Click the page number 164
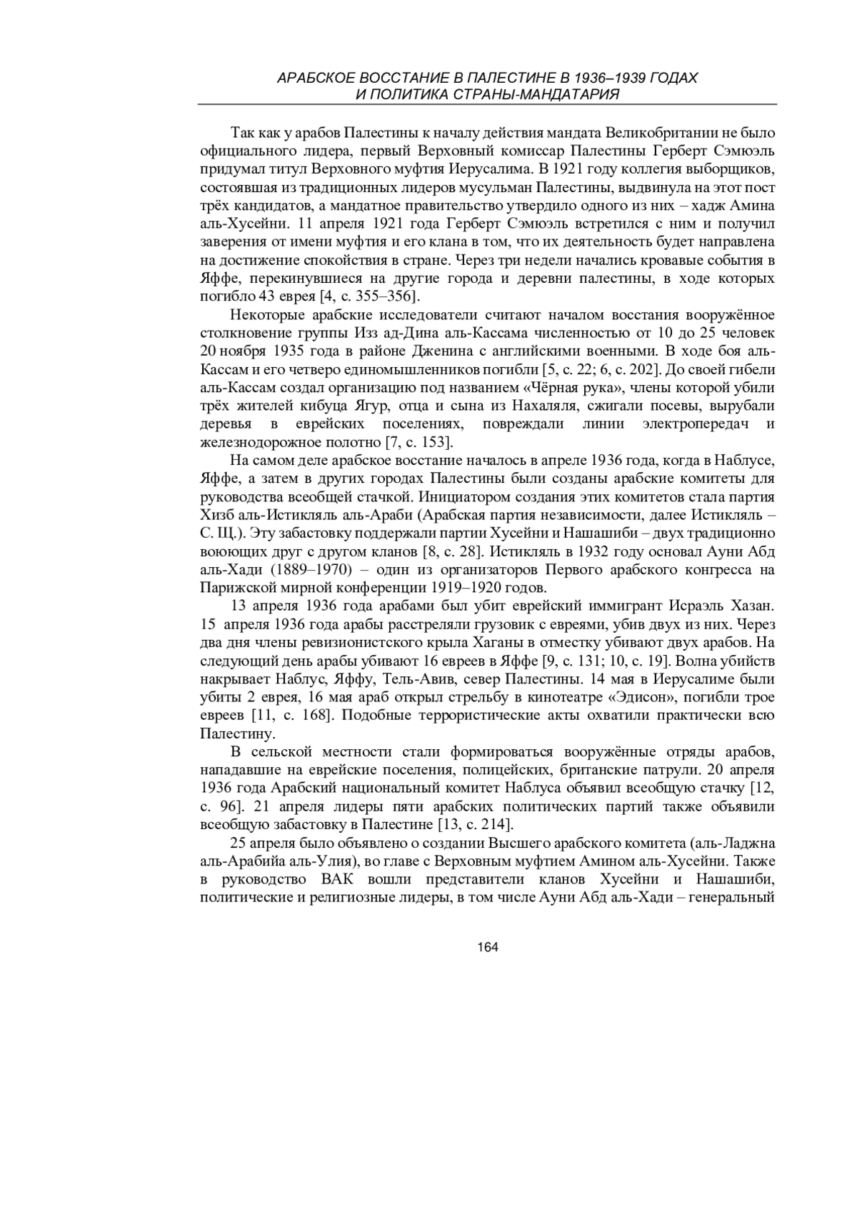(x=487, y=947)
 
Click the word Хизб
(x=217, y=515)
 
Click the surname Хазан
(x=748, y=606)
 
